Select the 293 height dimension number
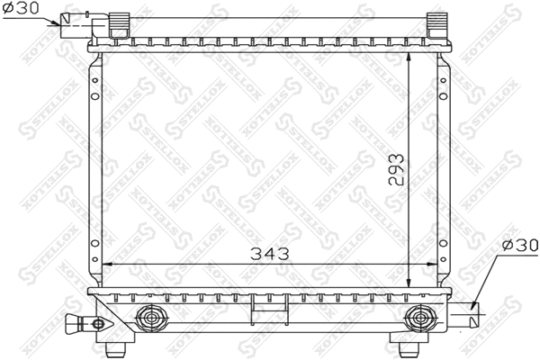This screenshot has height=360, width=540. tap(397, 169)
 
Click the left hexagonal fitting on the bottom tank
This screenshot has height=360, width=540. tap(150, 317)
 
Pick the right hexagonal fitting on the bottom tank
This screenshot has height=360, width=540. tap(418, 317)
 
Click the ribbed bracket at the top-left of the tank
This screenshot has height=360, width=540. tap(117, 23)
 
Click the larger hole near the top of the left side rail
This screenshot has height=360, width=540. tap(94, 74)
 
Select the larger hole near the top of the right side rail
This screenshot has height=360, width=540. tap(444, 74)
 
